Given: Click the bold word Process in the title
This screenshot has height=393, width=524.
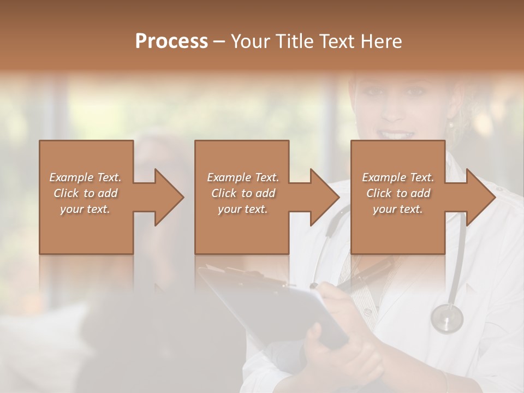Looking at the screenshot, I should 171,41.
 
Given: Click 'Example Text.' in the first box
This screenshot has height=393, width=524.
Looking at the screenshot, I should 86,177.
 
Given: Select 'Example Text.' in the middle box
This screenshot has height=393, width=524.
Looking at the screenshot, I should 243,177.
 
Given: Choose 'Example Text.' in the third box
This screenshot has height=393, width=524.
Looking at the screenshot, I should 398,177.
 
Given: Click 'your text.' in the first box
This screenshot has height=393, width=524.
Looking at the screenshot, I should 86,209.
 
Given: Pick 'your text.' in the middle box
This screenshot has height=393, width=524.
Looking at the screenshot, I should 243,209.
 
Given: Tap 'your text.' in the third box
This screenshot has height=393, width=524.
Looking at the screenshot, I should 398,209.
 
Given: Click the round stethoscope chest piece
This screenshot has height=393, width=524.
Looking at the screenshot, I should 446,318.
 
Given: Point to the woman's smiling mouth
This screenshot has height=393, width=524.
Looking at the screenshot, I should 397,134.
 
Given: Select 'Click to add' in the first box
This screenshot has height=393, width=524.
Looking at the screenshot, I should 86,193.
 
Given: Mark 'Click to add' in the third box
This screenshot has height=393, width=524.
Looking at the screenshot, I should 398,193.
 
